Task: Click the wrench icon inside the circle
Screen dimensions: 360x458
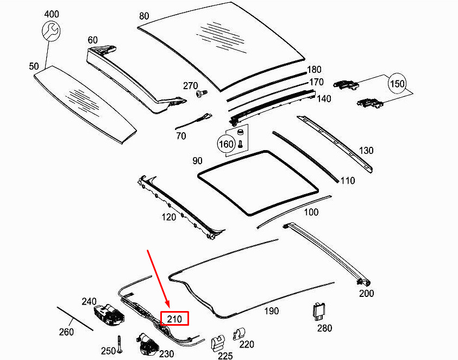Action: [x=52, y=32]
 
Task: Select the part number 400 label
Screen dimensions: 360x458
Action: [x=52, y=13]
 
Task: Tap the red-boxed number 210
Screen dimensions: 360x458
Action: [x=174, y=318]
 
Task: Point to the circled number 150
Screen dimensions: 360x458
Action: [x=398, y=84]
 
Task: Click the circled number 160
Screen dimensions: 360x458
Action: [x=226, y=145]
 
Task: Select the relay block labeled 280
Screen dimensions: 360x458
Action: [x=319, y=312]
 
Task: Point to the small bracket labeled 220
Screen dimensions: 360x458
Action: [x=239, y=334]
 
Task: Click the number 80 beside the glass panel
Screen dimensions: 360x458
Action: [x=144, y=16]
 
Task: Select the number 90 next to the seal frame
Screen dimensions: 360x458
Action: [x=197, y=162]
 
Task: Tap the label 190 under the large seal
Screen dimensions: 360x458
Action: [x=271, y=311]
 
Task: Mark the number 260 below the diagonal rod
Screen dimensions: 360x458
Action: [x=66, y=332]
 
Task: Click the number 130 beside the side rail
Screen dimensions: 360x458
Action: [x=366, y=150]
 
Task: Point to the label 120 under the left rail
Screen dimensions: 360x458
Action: [x=168, y=217]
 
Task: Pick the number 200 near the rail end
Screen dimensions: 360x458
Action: [x=367, y=293]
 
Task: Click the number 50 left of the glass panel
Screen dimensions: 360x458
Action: [x=34, y=66]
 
